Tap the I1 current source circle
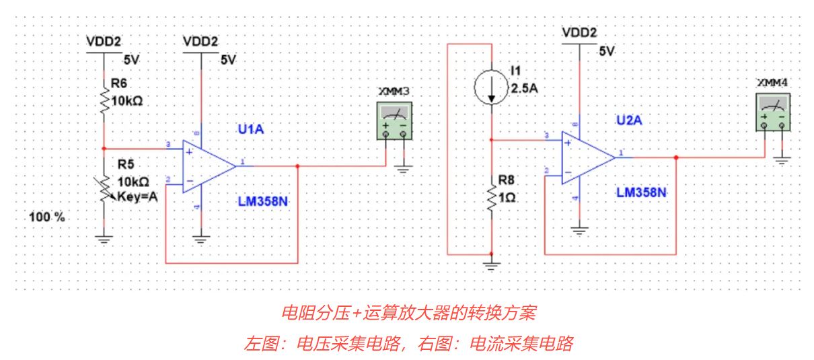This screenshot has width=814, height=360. click(x=492, y=88)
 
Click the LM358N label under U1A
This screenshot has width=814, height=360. click(x=264, y=201)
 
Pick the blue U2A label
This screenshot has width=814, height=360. click(x=630, y=120)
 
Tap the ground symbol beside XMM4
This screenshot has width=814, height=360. click(x=782, y=159)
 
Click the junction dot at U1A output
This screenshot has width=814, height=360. click(x=297, y=165)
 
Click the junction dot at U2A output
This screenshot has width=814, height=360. click(x=676, y=157)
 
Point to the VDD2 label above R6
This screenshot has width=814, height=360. click(x=104, y=42)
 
